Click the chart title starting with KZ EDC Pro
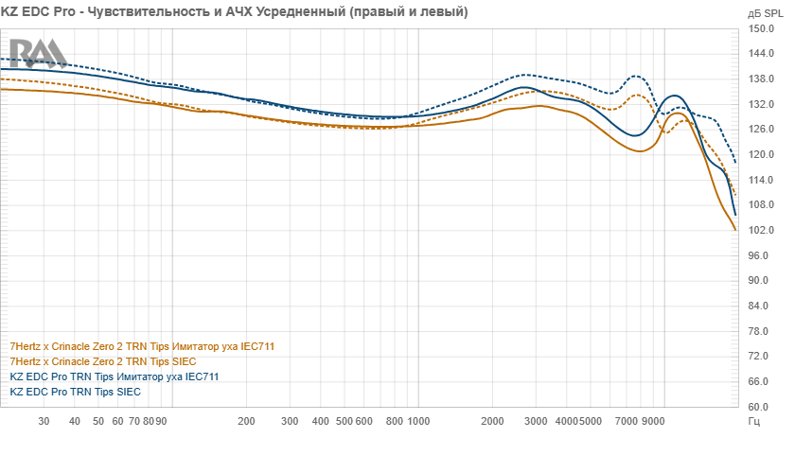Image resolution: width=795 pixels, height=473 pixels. coord(235,12)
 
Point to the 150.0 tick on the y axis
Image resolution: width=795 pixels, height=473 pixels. coord(761,28)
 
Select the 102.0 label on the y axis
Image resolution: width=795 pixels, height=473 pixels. coord(761,230)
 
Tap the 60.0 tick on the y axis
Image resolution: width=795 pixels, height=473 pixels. coord(763,407)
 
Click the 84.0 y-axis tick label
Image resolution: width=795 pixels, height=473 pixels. coord(763,306)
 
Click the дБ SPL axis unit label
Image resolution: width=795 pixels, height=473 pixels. coord(763,13)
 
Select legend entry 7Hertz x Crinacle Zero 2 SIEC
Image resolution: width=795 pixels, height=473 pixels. coord(102,361)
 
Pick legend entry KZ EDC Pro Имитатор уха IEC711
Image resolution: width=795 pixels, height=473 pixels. coord(114,377)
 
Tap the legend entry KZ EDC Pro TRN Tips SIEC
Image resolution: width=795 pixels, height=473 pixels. coord(75,391)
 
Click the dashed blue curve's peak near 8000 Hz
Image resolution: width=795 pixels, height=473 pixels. coord(637,76)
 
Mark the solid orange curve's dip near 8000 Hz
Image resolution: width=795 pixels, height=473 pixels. coord(641,151)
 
